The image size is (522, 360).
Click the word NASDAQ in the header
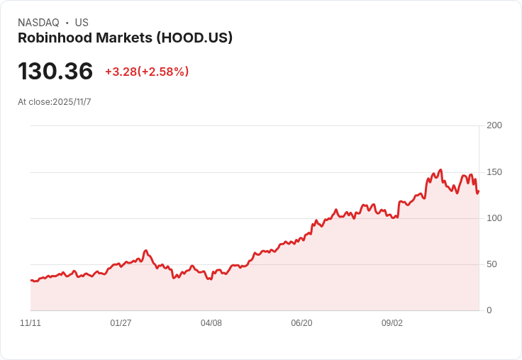pyautogui.click(x=38, y=23)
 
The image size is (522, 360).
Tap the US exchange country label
pyautogui.click(x=82, y=23)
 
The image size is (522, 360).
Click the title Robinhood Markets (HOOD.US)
pyautogui.click(x=125, y=38)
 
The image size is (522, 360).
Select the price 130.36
pyautogui.click(x=55, y=72)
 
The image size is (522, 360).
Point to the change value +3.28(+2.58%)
pyautogui.click(x=147, y=72)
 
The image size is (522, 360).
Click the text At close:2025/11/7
pyautogui.click(x=55, y=102)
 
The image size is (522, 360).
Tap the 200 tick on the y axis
pyautogui.click(x=494, y=125)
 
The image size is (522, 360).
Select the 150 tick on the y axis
pyautogui.click(x=494, y=172)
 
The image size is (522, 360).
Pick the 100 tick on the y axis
pyautogui.click(x=494, y=218)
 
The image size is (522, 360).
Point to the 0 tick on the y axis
pyautogui.click(x=489, y=310)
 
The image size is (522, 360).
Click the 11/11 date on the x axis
pyautogui.click(x=30, y=323)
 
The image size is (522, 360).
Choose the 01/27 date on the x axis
pyautogui.click(x=121, y=323)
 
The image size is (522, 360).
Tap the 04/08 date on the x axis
pyautogui.click(x=211, y=323)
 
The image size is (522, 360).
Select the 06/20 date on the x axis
pyautogui.click(x=301, y=323)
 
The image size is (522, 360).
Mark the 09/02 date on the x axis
pyautogui.click(x=392, y=323)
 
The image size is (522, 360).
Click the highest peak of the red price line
pyautogui.click(x=440, y=170)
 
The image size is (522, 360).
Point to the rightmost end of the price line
pyautogui.click(x=479, y=191)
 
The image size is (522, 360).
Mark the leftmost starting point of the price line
pyautogui.click(x=30, y=281)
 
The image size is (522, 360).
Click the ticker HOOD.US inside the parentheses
pyautogui.click(x=201, y=38)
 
